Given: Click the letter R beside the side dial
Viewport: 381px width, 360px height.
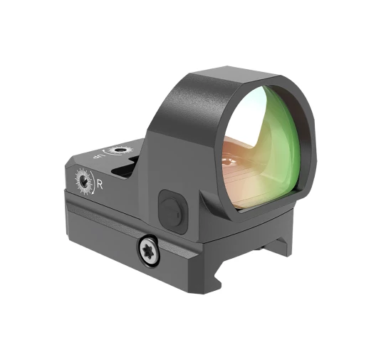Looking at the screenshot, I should click(100, 184).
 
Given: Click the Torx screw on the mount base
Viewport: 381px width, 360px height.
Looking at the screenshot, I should click(148, 249).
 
